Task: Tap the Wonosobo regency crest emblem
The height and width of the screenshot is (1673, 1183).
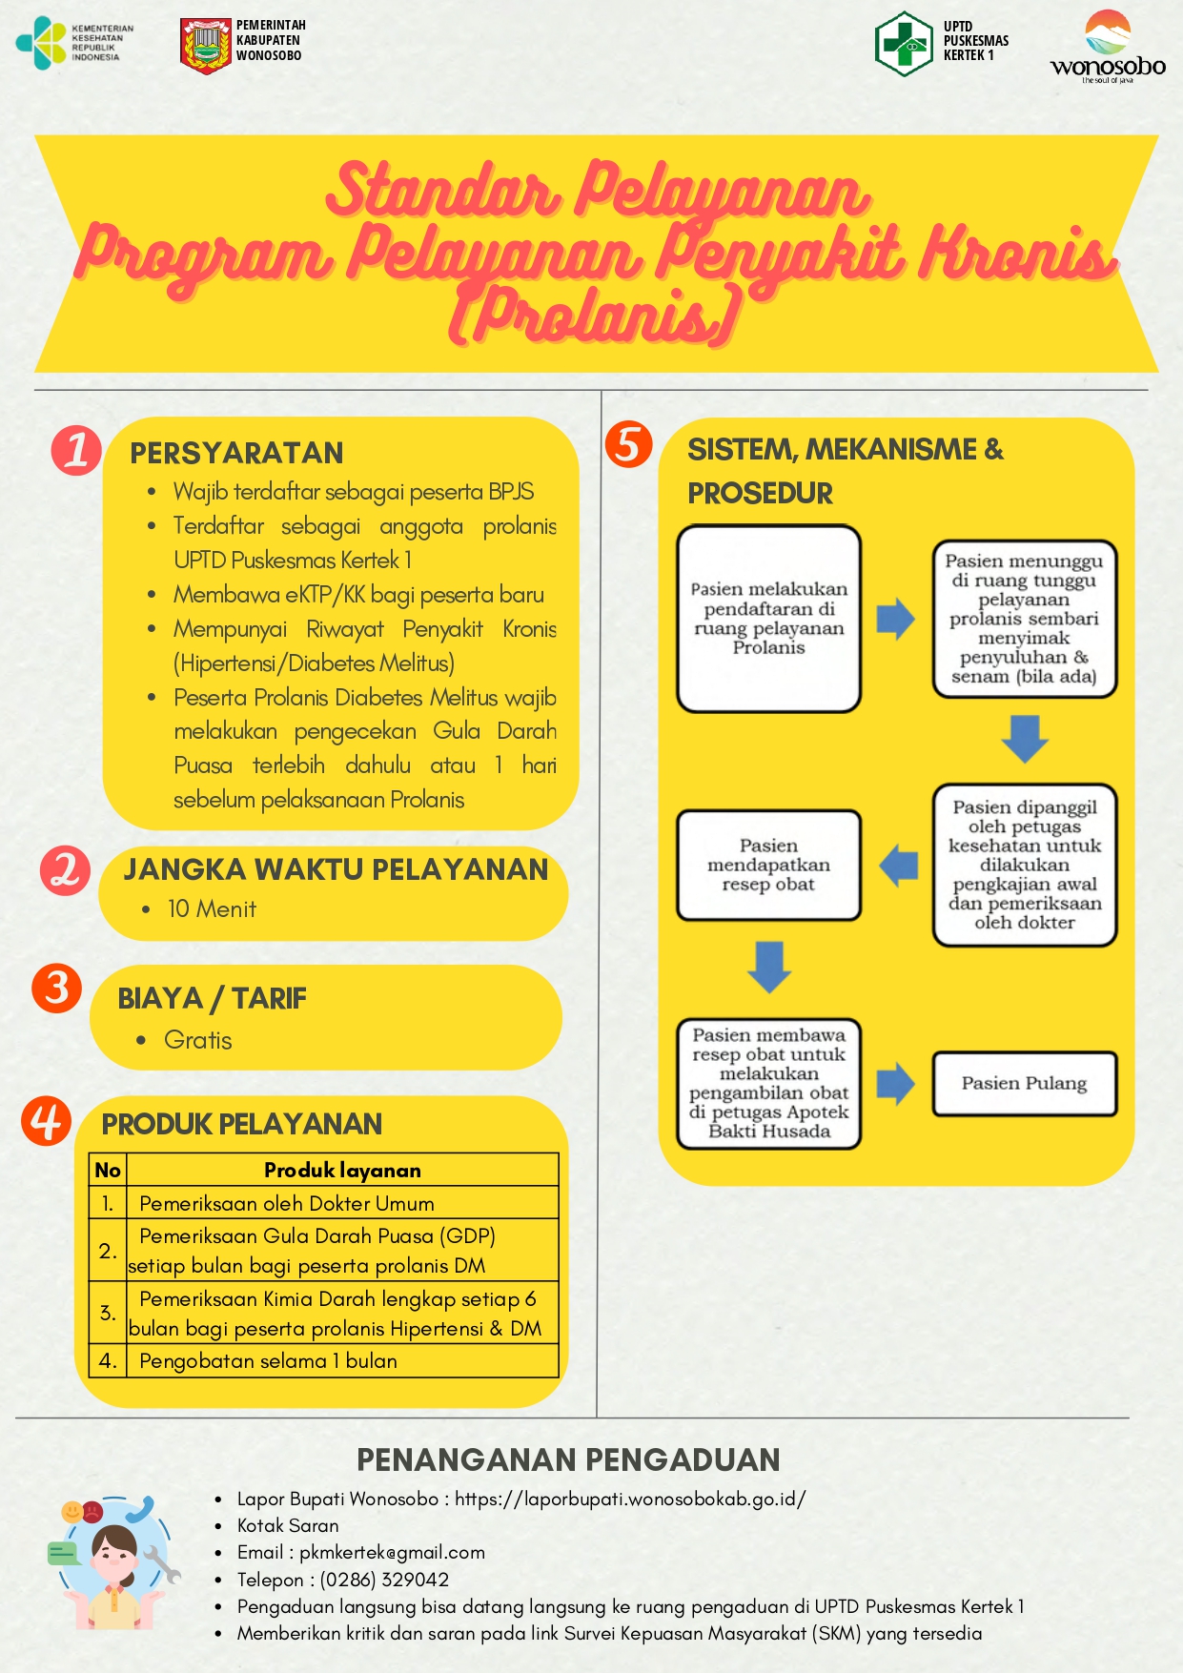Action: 205,45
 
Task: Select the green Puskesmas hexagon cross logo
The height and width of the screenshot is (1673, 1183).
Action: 903,44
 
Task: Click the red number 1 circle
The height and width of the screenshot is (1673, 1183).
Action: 76,449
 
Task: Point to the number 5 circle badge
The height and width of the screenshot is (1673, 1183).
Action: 628,444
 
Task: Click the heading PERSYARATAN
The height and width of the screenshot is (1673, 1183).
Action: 236,453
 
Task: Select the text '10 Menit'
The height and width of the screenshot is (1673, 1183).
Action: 212,909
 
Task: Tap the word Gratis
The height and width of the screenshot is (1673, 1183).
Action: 198,1040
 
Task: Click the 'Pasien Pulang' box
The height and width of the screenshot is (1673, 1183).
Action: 1024,1084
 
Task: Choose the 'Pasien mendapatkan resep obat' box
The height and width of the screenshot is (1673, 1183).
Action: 768,866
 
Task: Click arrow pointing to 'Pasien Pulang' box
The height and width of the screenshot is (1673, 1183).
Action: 895,1083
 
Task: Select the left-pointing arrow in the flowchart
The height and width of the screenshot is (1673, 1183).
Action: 898,866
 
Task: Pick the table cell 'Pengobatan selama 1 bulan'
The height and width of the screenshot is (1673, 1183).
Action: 268,1361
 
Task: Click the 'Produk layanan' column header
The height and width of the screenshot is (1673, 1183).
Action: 342,1171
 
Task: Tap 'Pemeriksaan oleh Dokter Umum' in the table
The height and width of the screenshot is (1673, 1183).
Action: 286,1204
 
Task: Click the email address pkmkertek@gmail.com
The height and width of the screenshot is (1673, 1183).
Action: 392,1553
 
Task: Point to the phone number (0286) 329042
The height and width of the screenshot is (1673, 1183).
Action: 384,1580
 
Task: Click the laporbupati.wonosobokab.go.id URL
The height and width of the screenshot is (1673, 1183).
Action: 630,1499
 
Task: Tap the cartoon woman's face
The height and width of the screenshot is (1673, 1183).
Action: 115,1552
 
